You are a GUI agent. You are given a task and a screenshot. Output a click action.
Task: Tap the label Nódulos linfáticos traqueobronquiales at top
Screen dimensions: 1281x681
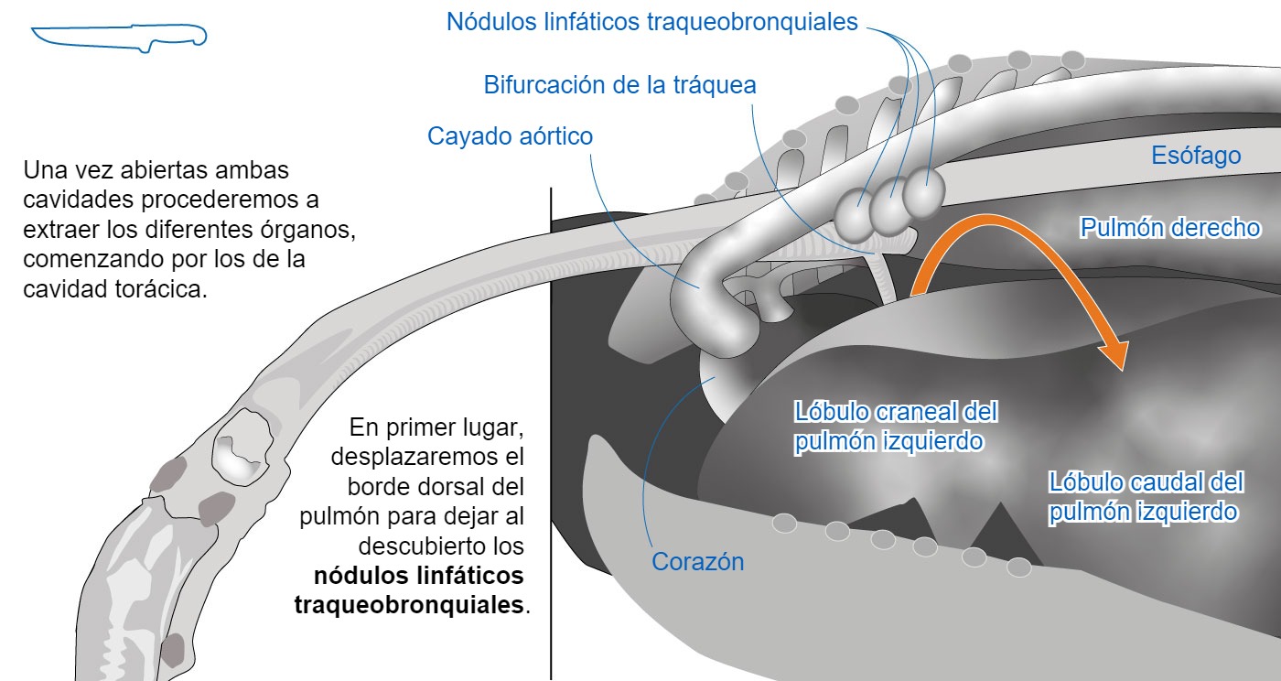pyautogui.click(x=651, y=22)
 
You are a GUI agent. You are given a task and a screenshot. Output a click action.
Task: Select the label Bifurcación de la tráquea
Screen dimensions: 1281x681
pyautogui.click(x=620, y=85)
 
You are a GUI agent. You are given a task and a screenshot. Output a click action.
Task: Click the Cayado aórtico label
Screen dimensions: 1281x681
pyautogui.click(x=511, y=136)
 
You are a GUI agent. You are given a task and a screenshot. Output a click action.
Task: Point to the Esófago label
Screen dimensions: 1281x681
pyautogui.click(x=1196, y=155)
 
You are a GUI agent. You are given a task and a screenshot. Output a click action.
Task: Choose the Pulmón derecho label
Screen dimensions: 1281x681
pyautogui.click(x=1170, y=228)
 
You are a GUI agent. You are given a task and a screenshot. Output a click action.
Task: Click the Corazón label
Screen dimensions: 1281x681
pyautogui.click(x=697, y=561)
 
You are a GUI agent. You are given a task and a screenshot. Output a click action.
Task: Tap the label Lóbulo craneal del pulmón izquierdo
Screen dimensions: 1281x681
pyautogui.click(x=896, y=427)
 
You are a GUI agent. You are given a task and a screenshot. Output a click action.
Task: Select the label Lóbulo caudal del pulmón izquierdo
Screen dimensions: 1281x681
pyautogui.click(x=1146, y=497)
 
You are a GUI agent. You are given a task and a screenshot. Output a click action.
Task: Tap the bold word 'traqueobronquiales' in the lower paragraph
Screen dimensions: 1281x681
pyautogui.click(x=410, y=605)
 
